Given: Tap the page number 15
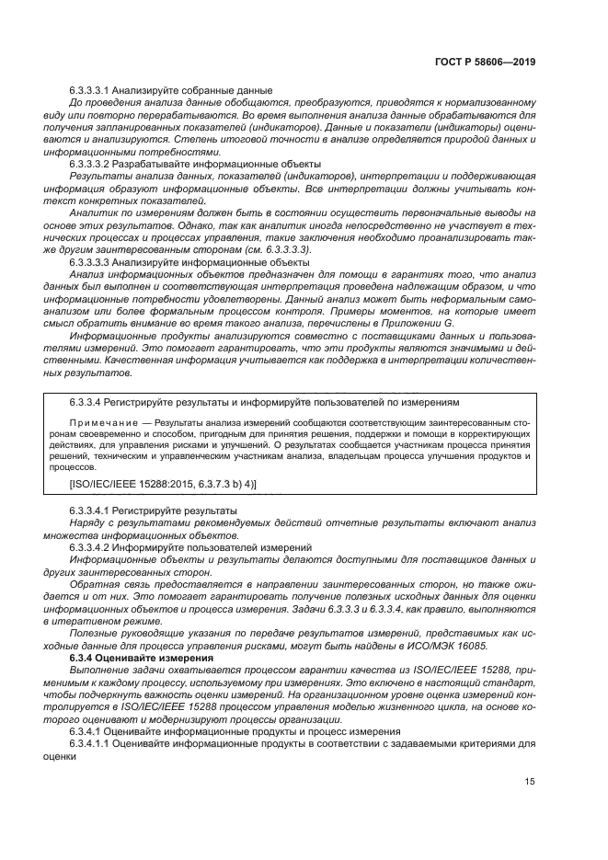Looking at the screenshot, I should pos(530,782).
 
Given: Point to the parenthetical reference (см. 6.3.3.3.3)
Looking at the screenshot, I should pos(281,249).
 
